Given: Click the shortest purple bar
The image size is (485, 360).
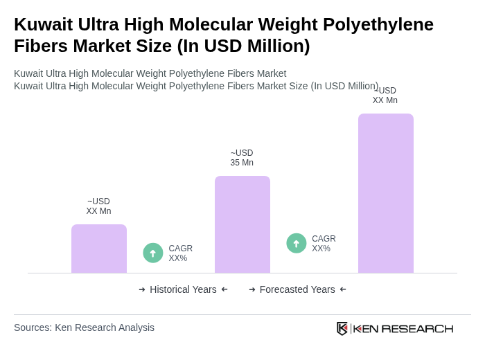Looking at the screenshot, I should pyautogui.click(x=99, y=249).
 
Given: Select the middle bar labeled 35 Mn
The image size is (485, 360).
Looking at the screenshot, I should pyautogui.click(x=242, y=224).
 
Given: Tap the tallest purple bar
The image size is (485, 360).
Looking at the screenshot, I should pyautogui.click(x=386, y=193).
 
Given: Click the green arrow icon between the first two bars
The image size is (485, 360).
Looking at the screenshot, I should pyautogui.click(x=153, y=253).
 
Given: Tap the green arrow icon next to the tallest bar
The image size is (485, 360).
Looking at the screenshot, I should pyautogui.click(x=297, y=243).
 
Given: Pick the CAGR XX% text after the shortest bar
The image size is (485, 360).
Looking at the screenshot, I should pyautogui.click(x=181, y=253).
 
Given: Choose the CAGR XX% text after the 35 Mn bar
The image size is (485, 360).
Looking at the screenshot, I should pyautogui.click(x=324, y=244).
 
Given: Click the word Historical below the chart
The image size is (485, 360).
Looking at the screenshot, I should pyautogui.click(x=172, y=289).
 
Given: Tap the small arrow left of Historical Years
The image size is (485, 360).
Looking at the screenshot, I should pyautogui.click(x=142, y=289).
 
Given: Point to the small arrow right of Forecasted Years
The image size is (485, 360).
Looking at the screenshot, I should pyautogui.click(x=343, y=289).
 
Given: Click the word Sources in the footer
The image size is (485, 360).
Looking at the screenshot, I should pyautogui.click(x=32, y=327).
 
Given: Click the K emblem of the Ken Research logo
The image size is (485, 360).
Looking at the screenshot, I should pyautogui.click(x=342, y=328).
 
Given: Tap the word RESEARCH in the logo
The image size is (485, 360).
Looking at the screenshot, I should pyautogui.click(x=417, y=328).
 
